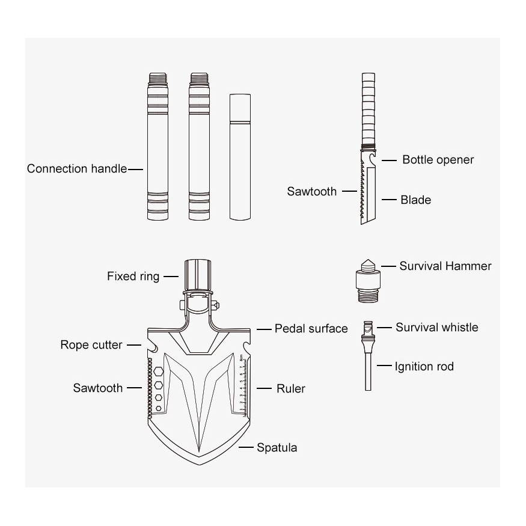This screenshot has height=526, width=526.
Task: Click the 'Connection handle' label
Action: tap(77, 168)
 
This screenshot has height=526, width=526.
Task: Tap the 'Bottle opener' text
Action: tap(438, 160)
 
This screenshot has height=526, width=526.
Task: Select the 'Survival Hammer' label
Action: tap(445, 266)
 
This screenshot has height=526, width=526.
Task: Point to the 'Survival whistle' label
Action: tap(437, 327)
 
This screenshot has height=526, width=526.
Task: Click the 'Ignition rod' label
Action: tap(424, 366)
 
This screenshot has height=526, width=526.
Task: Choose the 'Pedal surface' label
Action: tap(311, 328)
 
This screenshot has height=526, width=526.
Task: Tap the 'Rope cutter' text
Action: tap(91, 344)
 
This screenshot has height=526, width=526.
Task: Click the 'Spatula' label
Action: tap(277, 447)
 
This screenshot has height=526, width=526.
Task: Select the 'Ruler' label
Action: tap(291, 388)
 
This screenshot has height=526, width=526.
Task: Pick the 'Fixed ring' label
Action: tap(133, 277)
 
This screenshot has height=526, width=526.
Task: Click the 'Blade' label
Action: tap(415, 200)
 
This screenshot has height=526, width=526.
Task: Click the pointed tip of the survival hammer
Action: tap(368, 260)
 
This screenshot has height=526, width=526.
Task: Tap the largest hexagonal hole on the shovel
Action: tap(159, 372)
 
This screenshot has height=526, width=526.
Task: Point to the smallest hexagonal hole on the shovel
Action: tap(159, 408)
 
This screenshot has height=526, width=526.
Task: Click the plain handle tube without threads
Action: tap(240, 157)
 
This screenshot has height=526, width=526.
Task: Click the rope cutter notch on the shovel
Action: tap(153, 347)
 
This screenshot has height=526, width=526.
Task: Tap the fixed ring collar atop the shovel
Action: tap(198, 275)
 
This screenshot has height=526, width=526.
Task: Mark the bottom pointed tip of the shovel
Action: tap(200, 465)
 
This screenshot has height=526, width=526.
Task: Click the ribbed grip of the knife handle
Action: tap(369, 109)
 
